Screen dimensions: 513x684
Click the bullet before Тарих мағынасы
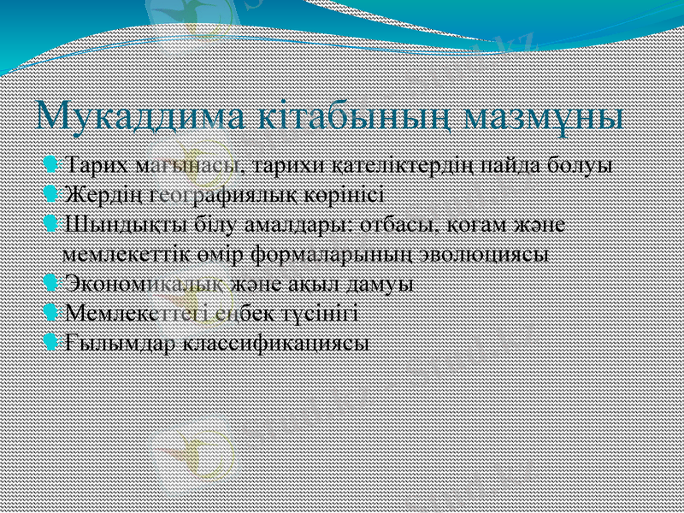(x=52, y=162)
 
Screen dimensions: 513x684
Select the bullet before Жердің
(x=52, y=193)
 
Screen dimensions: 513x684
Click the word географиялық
(x=219, y=193)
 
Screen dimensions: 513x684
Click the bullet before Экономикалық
(x=52, y=283)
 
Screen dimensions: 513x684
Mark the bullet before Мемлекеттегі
(x=52, y=313)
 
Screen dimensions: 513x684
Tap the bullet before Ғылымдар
(x=52, y=343)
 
